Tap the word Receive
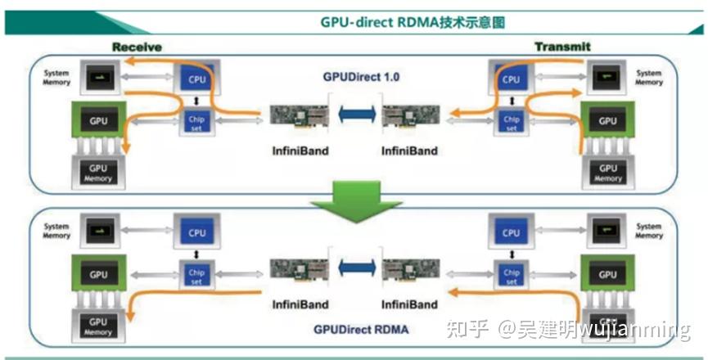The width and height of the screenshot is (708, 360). point(137,47)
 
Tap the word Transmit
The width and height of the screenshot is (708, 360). point(562,47)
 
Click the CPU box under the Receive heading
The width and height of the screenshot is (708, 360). point(196,80)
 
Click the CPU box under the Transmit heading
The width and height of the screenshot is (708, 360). point(512,80)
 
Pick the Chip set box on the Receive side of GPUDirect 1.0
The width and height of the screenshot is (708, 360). point(196,122)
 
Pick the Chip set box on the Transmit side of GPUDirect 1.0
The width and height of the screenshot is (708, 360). point(512,122)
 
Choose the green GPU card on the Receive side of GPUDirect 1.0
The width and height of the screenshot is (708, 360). point(98,121)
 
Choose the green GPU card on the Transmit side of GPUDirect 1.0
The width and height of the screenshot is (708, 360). point(607,121)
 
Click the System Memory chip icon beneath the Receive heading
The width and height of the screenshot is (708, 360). point(99,78)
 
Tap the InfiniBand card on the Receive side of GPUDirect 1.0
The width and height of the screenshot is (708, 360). point(296,117)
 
